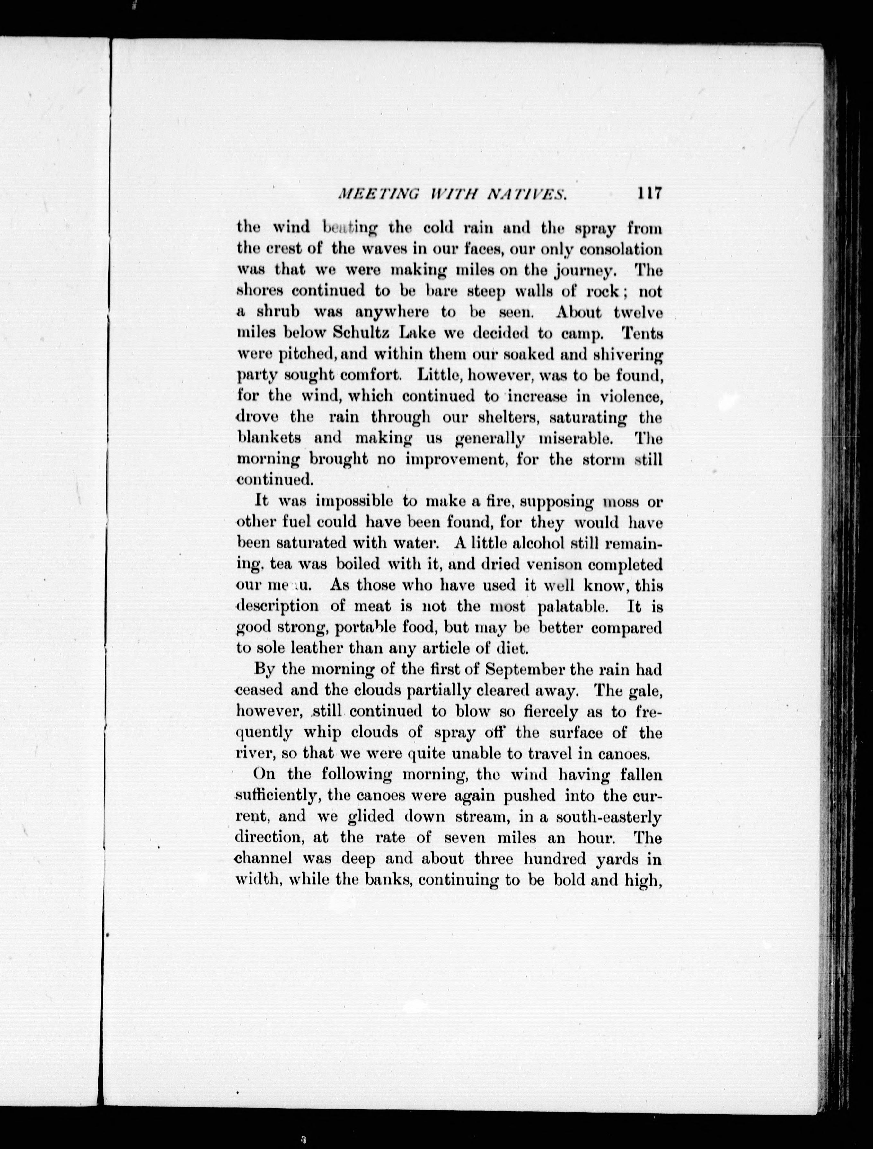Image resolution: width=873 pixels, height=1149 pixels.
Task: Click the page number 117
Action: click(x=647, y=194)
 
